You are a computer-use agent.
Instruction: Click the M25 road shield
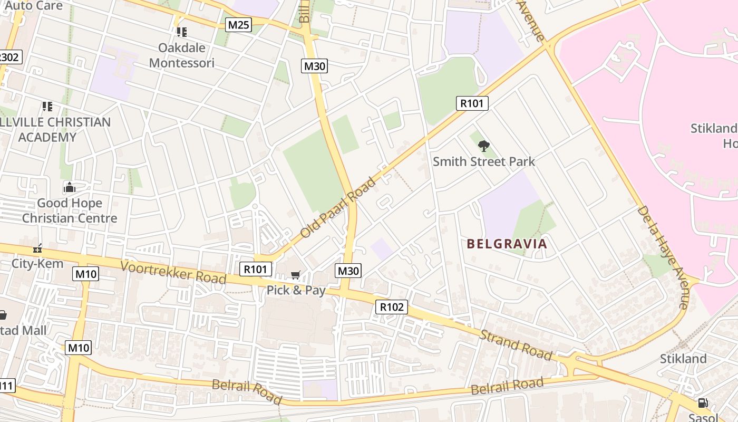[238, 25]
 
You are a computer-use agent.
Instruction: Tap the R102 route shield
[392, 307]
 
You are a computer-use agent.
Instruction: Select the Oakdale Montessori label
[182, 55]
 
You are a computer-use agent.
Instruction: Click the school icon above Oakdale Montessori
[182, 32]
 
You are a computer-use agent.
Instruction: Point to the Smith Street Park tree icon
[483, 146]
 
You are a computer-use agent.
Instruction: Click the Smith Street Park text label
[483, 161]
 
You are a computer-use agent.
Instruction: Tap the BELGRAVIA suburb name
[507, 244]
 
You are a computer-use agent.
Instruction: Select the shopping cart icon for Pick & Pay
[296, 275]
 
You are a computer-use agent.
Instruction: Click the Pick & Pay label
[296, 290]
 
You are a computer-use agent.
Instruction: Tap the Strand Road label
[516, 345]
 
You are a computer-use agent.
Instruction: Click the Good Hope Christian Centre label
[70, 210]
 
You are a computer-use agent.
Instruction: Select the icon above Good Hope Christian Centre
[70, 187]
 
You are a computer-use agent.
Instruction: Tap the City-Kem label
[37, 263]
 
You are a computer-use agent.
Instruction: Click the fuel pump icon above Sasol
[703, 403]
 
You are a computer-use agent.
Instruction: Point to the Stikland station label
[683, 359]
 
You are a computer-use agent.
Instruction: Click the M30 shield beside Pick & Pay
[348, 271]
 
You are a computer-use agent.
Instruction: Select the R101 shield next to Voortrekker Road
[256, 270]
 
